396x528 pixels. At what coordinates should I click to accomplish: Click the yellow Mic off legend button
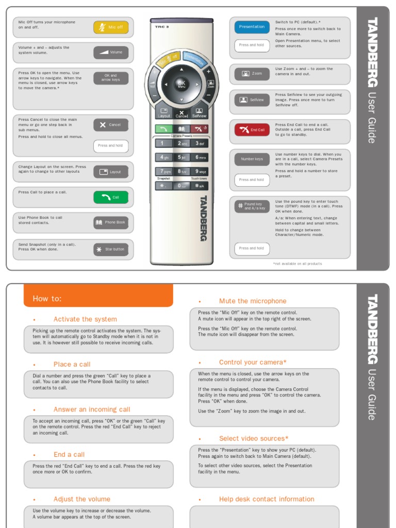111,27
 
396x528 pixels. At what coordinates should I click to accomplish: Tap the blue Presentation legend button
252,27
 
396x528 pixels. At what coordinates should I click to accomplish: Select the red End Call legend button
252,130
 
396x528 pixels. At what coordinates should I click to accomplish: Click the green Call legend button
111,197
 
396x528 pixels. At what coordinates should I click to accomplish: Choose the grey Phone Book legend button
111,222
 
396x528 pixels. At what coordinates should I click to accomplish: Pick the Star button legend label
111,250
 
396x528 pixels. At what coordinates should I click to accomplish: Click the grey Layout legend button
111,172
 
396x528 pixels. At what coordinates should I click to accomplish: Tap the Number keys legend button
252,159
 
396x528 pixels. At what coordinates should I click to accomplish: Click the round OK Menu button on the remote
181,84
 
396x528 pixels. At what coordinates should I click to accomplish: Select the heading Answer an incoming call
92,409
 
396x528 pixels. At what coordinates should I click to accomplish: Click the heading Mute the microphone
253,301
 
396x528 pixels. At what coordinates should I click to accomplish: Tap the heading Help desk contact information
267,499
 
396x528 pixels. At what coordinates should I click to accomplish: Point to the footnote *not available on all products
298,263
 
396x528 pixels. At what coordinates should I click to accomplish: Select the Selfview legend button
252,100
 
